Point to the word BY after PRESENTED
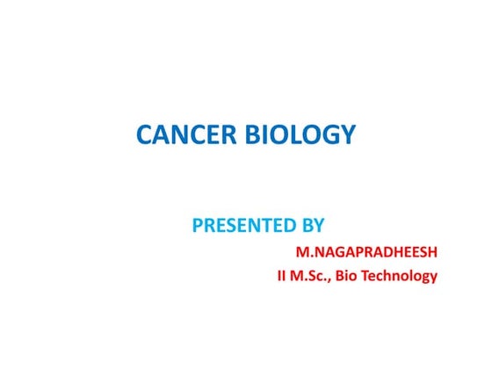tap(315, 226)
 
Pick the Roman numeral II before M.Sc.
tap(281, 276)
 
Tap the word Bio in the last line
tap(357, 276)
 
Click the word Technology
tap(405, 277)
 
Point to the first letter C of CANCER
tap(144, 135)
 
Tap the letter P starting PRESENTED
tap(198, 226)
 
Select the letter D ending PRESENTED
tap(291, 226)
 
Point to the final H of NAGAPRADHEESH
tap(431, 253)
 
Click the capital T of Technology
tap(377, 276)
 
